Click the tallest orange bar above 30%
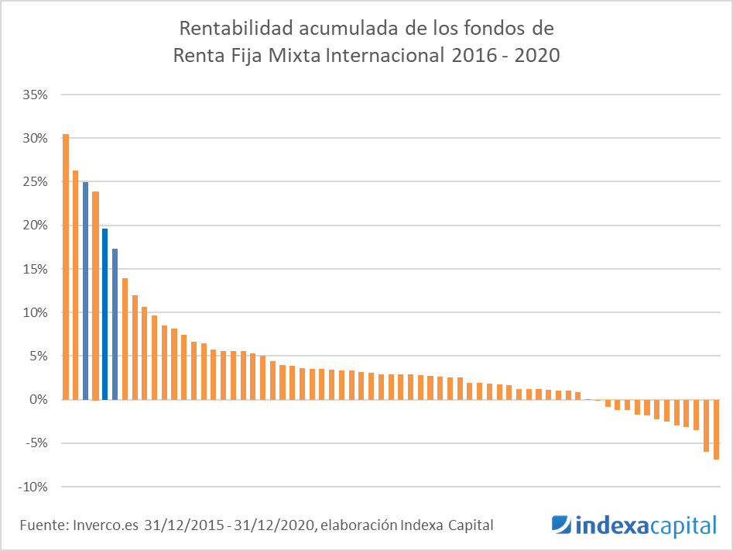point(66,267)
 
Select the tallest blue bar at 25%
point(86,291)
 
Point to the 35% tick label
point(36,95)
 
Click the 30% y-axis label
point(36,139)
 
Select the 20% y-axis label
point(36,226)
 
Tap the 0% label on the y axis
point(39,400)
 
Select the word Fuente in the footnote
point(43,525)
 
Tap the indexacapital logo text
point(647,526)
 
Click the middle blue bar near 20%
point(105,314)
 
